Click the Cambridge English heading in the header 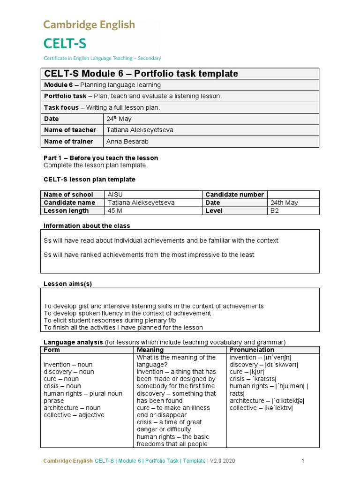(89, 24)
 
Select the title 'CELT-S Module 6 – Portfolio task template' (141, 74)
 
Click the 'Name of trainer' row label (68, 142)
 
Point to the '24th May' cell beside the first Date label (119, 119)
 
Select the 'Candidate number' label (234, 195)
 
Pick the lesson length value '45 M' (115, 211)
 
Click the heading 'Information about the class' (87, 226)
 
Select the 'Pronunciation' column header (252, 350)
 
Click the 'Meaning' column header (150, 350)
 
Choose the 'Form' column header (52, 350)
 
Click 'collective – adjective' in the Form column (74, 415)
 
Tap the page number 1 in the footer (303, 461)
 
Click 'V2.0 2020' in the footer (221, 461)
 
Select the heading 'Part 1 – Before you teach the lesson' (101, 158)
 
